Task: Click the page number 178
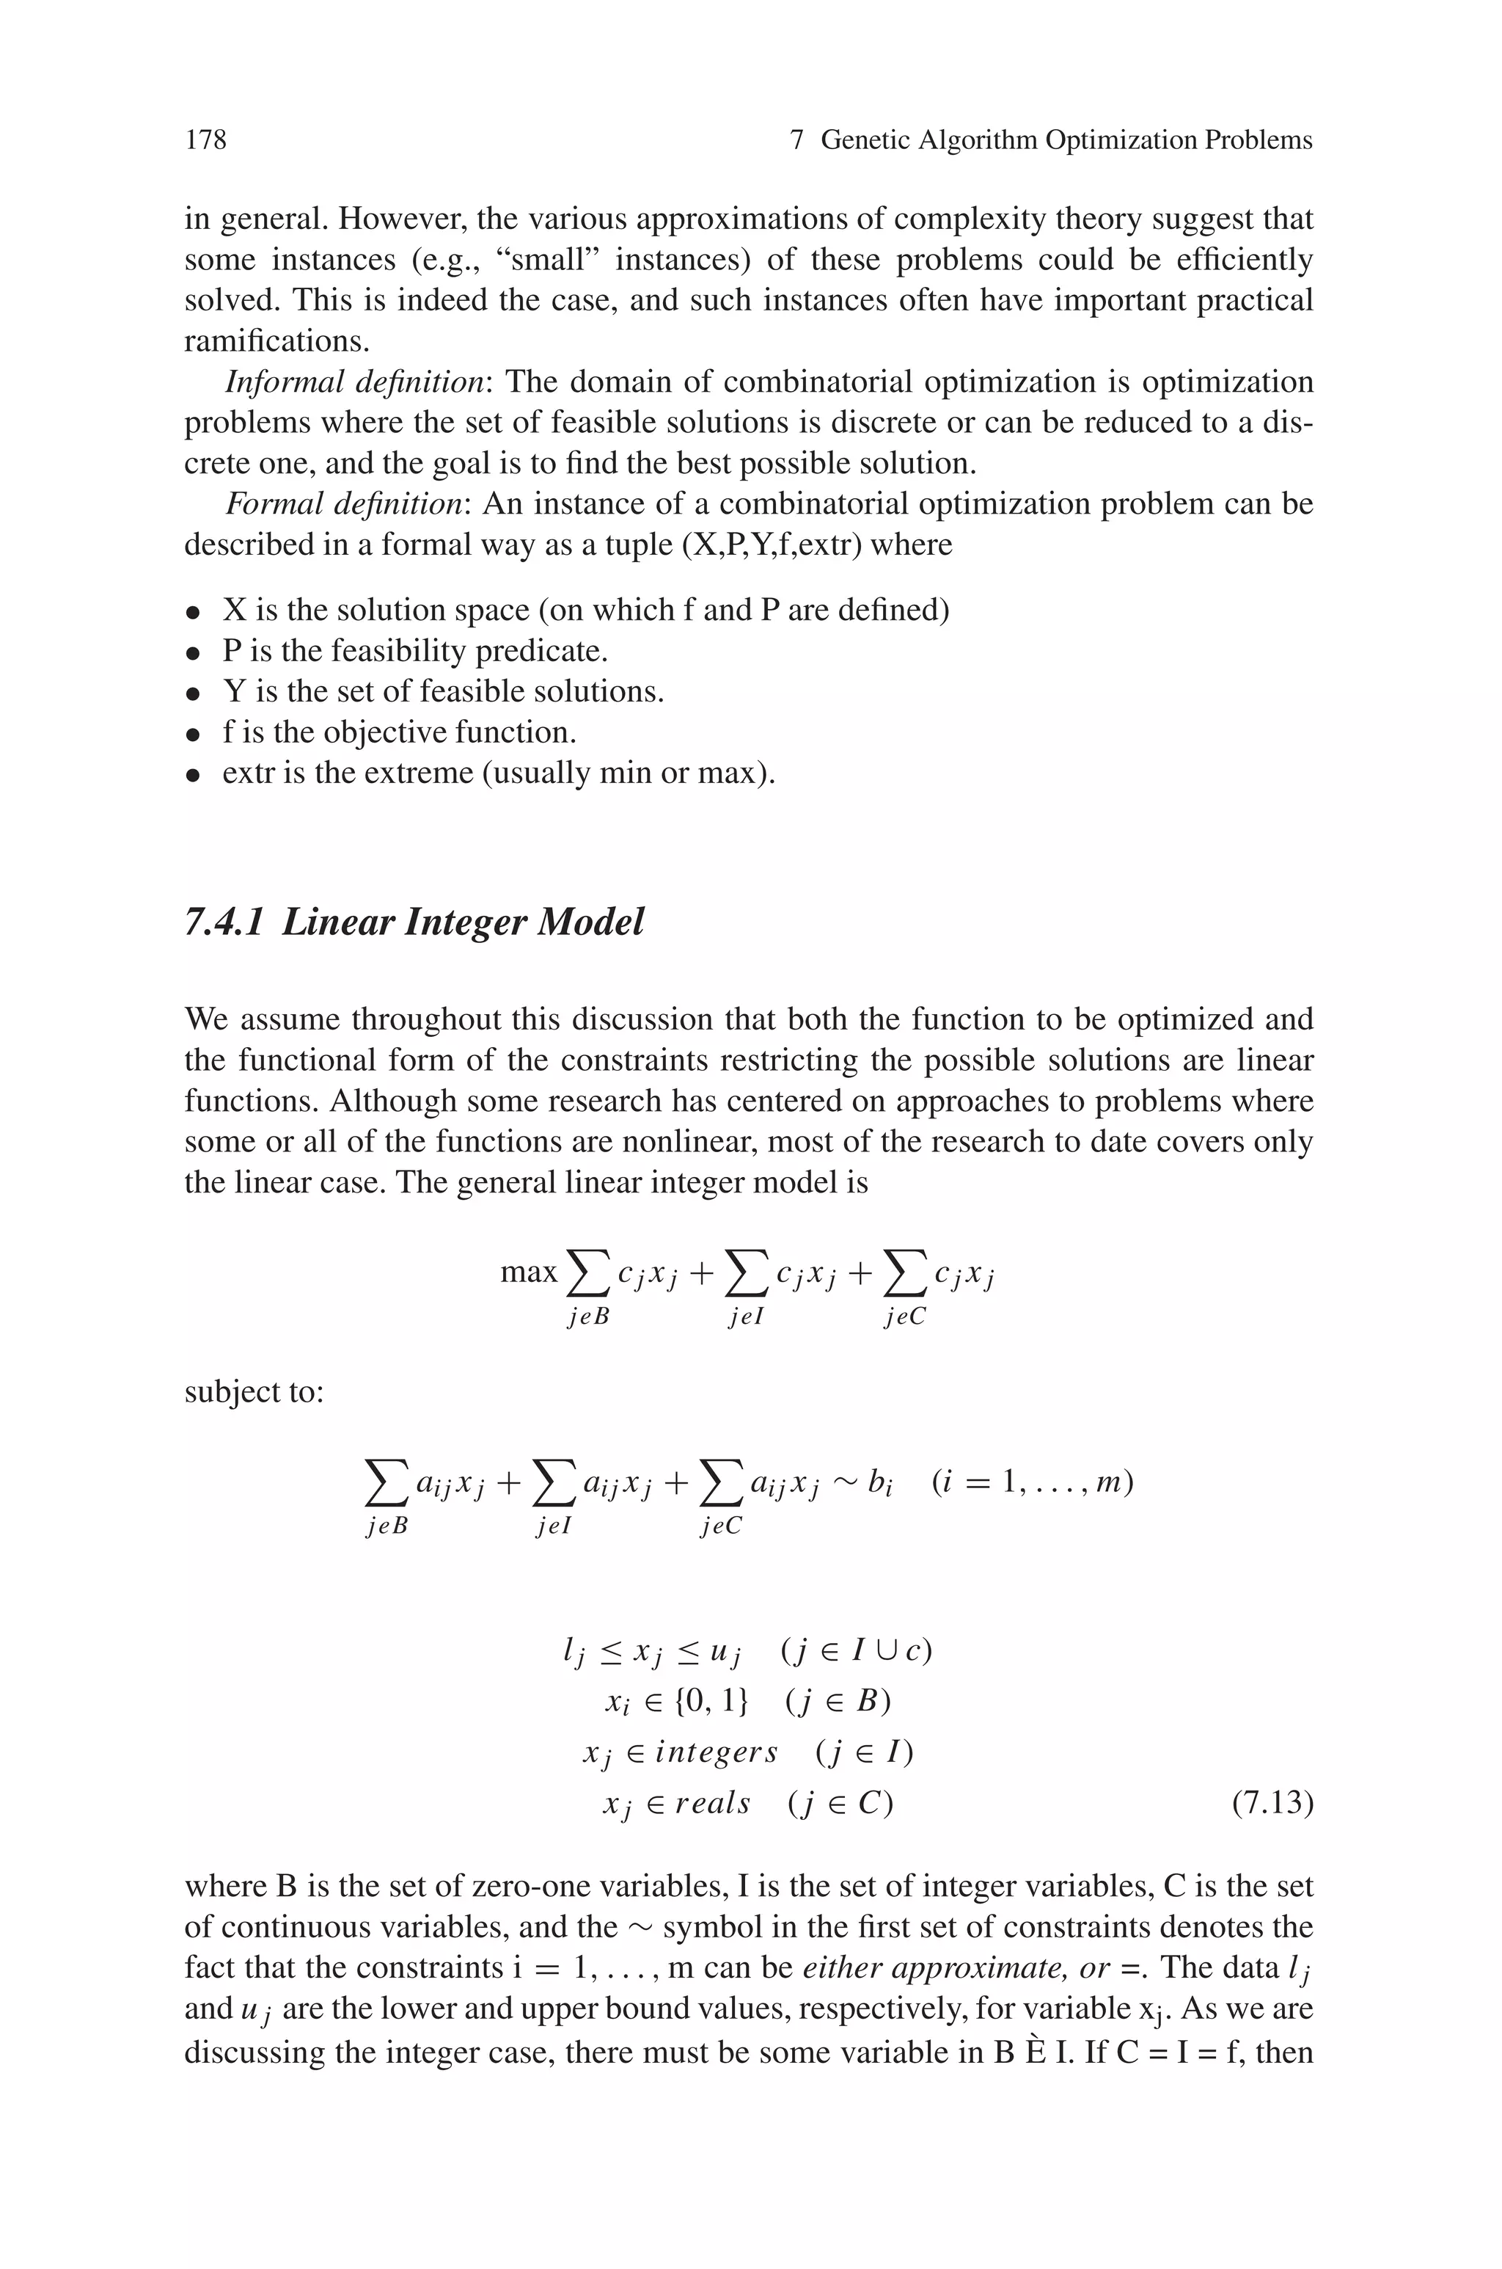coord(206,141)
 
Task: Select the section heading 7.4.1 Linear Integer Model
coord(414,922)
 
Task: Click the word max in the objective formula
coord(529,1272)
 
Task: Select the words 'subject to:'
coord(254,1391)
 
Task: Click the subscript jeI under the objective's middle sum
coord(746,1316)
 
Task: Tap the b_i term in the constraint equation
coord(879,1485)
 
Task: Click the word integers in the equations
coord(717,1752)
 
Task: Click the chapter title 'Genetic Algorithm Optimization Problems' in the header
coord(1066,141)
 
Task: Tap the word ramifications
coord(276,342)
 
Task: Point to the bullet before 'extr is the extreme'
coord(194,775)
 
